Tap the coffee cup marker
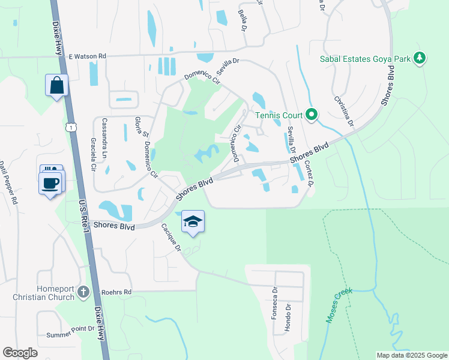[50, 182]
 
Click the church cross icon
[83, 292]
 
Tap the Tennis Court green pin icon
[312, 114]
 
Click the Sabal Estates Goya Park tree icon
[420, 58]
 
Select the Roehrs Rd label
[116, 292]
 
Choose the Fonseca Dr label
[274, 304]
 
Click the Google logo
[20, 353]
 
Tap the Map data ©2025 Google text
[411, 355]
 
